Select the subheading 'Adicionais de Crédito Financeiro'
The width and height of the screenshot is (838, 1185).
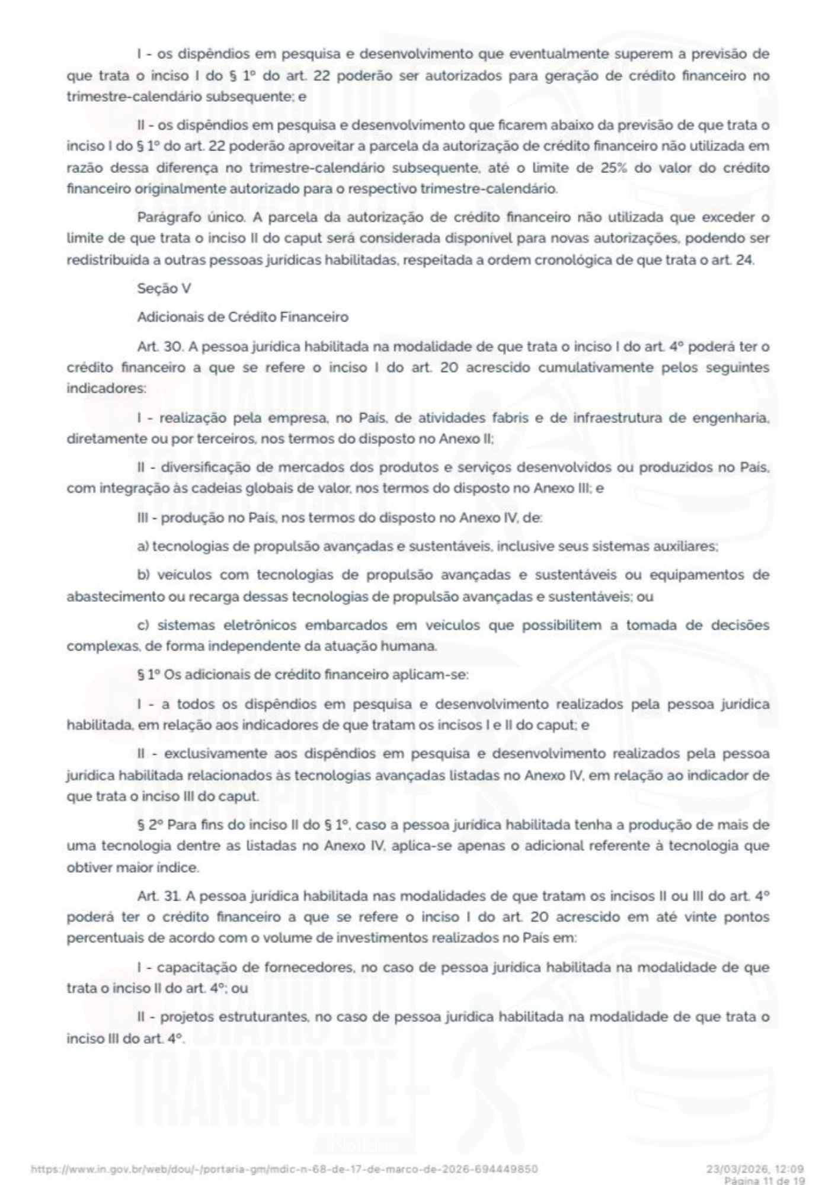click(242, 317)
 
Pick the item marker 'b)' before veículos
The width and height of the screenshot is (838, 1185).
click(143, 575)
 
